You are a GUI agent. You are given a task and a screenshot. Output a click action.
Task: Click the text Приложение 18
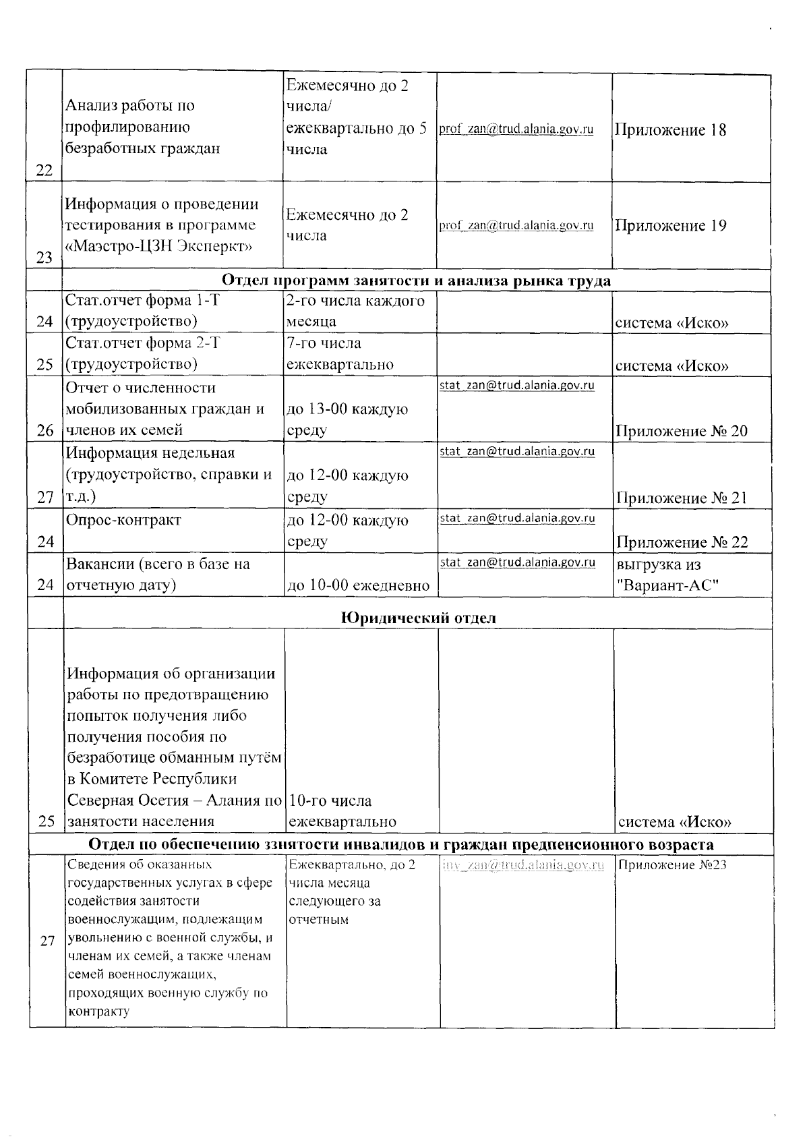click(x=670, y=131)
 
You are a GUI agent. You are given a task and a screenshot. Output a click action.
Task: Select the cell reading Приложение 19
click(x=670, y=226)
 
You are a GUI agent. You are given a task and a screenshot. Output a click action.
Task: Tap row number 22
click(x=44, y=170)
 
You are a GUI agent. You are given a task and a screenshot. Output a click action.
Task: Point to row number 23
click(x=44, y=258)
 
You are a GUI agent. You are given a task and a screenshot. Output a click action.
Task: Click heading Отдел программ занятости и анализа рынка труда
click(x=417, y=281)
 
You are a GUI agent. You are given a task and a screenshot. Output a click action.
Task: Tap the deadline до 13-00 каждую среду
click(x=347, y=419)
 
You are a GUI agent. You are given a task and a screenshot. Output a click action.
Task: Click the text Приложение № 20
click(x=681, y=432)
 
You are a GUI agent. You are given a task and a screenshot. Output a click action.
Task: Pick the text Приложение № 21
click(x=681, y=498)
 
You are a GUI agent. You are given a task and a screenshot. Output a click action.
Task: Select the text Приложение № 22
click(x=681, y=542)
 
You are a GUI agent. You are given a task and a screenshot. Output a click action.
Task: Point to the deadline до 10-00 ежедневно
click(x=358, y=586)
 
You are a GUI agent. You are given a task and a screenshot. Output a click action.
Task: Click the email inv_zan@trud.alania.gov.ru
click(x=523, y=865)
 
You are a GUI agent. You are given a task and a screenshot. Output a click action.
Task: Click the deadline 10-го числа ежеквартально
click(x=342, y=811)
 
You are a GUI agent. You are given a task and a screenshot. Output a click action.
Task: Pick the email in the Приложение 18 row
click(x=516, y=129)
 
